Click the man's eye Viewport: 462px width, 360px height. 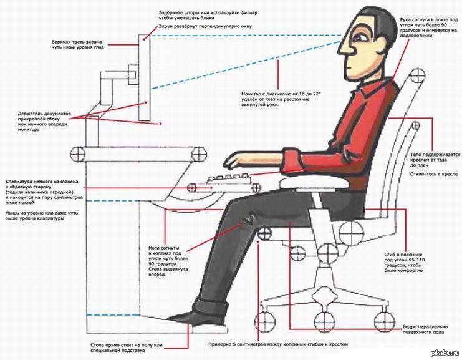click(x=359, y=37)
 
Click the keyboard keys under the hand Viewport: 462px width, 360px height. click(x=229, y=178)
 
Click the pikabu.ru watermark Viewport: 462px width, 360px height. click(x=446, y=353)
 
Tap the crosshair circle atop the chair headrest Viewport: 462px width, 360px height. click(x=418, y=75)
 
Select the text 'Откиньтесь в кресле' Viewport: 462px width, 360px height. click(x=434, y=174)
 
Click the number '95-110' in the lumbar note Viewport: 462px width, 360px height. click(x=416, y=260)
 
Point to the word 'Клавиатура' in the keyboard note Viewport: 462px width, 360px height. click(x=18, y=182)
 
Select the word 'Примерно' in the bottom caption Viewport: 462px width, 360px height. click(x=219, y=344)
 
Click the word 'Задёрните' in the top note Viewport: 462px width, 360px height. click(x=170, y=13)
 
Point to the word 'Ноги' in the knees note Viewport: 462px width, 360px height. click(x=155, y=248)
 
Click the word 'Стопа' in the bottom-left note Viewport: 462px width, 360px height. click(x=97, y=345)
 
